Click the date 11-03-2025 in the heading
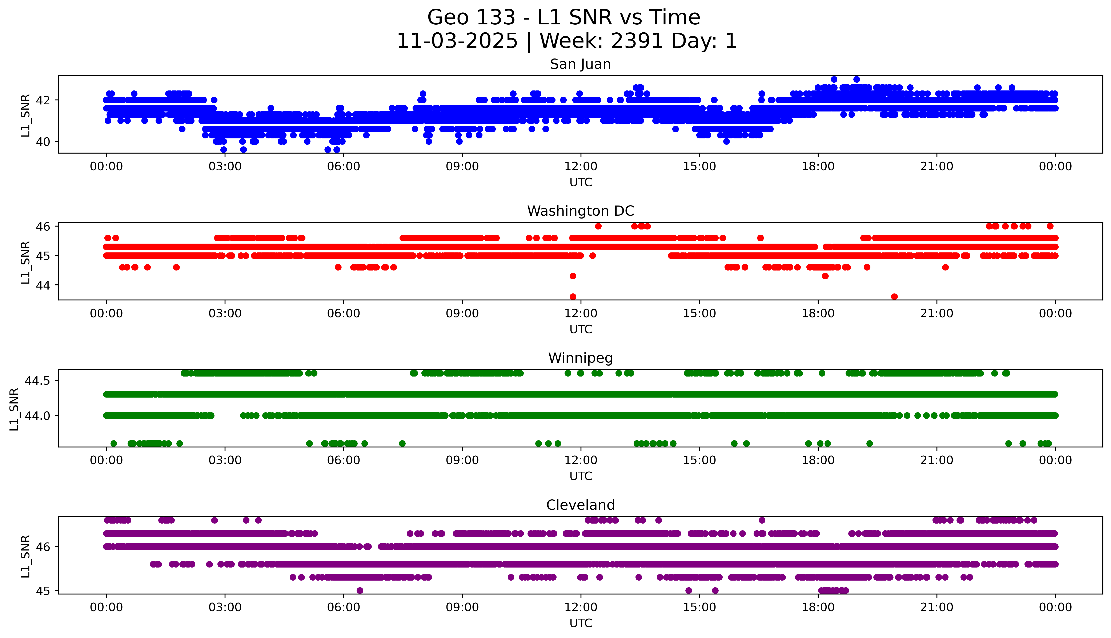(457, 41)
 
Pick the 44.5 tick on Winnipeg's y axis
(37, 381)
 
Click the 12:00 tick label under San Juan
(581, 167)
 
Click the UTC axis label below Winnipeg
(581, 476)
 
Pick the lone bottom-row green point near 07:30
(402, 443)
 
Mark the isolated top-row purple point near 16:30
(762, 520)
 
